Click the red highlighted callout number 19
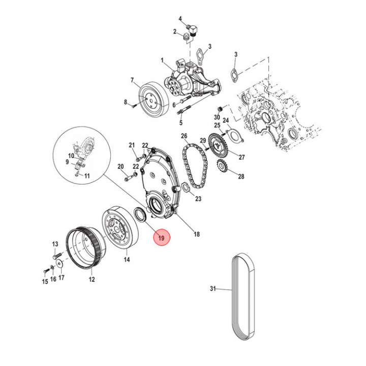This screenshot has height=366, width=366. click(x=161, y=238)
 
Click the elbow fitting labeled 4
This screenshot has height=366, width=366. click(x=193, y=30)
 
